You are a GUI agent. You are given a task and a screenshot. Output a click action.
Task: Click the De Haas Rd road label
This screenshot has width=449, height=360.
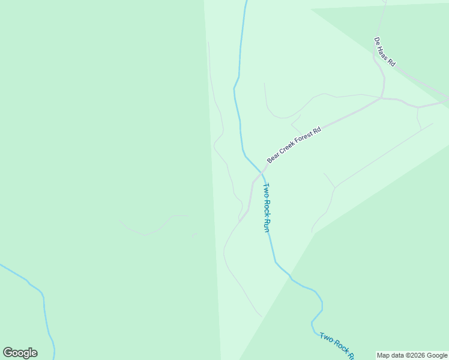(385, 52)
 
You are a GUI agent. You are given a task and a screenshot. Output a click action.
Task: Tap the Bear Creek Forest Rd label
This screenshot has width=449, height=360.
(294, 145)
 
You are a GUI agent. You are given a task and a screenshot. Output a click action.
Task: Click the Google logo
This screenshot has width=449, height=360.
(20, 353)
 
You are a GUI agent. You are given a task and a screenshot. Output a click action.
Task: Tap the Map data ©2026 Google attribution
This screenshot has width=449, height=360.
(412, 356)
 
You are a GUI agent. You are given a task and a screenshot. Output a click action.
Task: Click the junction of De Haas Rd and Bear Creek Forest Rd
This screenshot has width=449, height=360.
(382, 97)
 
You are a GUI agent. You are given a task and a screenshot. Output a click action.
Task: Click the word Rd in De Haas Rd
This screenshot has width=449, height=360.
(391, 62)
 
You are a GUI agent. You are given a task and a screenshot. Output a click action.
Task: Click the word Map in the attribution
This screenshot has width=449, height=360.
(384, 356)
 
